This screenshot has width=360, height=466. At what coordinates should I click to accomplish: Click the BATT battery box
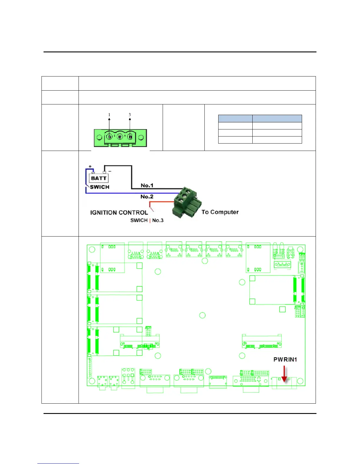click(99, 178)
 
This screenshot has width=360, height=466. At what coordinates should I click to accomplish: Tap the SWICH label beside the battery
click(100, 187)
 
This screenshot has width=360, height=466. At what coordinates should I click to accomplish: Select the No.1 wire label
click(147, 185)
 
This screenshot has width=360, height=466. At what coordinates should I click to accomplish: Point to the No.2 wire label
click(147, 197)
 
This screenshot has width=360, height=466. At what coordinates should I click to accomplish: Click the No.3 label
click(158, 220)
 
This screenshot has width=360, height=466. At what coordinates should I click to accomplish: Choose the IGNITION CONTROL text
click(119, 212)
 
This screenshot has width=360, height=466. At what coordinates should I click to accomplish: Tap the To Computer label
click(220, 212)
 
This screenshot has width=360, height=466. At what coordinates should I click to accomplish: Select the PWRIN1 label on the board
click(285, 360)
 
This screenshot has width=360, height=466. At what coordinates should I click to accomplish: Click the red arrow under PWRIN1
click(284, 375)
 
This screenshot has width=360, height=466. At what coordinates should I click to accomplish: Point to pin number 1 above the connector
click(109, 115)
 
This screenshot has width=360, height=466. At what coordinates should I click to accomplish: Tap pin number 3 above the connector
click(130, 115)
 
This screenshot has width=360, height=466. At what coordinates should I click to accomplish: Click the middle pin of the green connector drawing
click(120, 137)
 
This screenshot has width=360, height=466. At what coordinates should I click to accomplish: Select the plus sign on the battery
click(90, 167)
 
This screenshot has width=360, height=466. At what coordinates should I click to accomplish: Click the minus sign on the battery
click(110, 171)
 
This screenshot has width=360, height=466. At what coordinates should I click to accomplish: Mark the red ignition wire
click(162, 202)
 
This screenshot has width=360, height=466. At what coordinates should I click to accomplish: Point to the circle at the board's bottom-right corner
click(300, 381)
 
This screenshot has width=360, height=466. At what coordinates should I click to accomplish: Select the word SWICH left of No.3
click(139, 220)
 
